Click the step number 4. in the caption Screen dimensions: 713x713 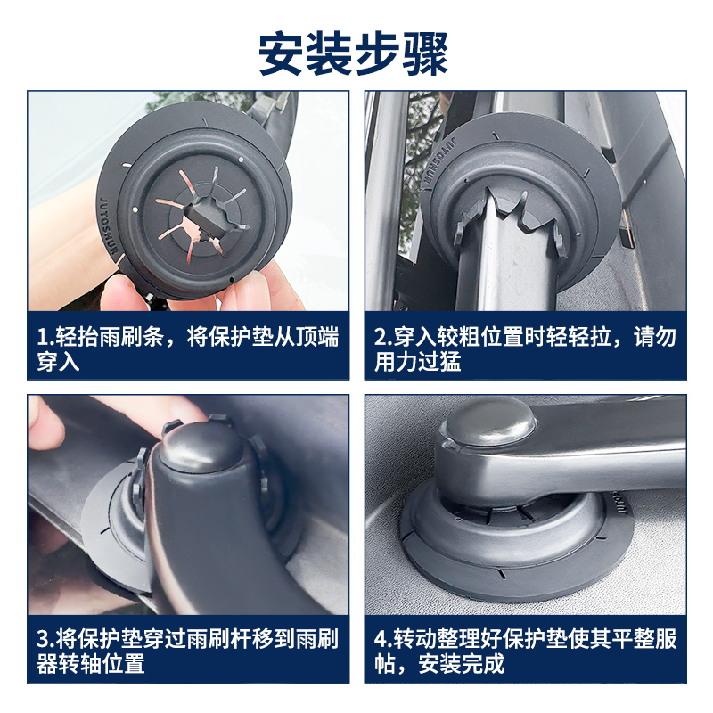tap(382, 640)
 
